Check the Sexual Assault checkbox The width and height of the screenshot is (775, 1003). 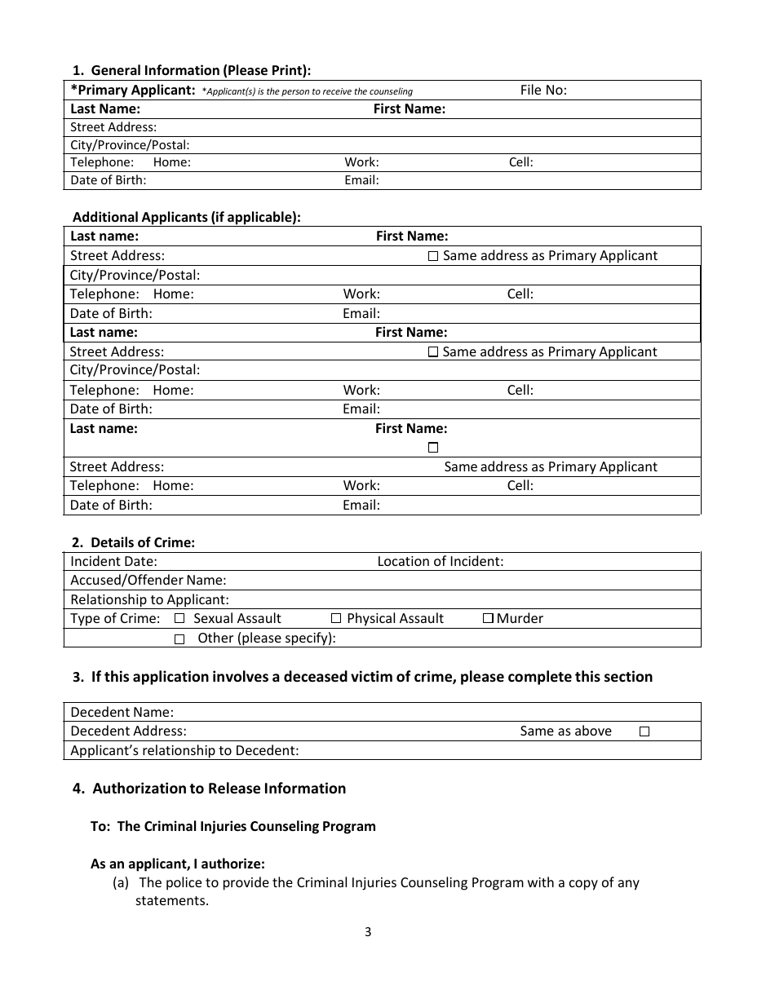[179, 619]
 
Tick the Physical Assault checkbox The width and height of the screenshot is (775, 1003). [336, 619]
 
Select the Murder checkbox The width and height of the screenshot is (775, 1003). [488, 619]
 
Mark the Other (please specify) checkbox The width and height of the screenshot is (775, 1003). [179, 639]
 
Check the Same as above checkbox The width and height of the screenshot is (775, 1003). [644, 732]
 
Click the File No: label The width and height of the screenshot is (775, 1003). [543, 91]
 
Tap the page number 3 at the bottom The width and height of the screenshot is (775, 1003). [368, 932]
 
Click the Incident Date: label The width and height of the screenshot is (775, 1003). [113, 561]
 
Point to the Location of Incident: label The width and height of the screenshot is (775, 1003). [440, 561]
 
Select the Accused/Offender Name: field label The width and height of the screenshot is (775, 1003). [148, 581]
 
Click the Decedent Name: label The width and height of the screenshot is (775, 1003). [122, 712]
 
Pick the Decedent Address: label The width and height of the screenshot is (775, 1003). [128, 731]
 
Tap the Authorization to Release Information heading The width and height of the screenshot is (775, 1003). [219, 789]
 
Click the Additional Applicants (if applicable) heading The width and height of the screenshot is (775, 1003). [187, 218]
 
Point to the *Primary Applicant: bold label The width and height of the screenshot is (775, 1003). [133, 91]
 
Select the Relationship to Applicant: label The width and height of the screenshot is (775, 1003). [149, 599]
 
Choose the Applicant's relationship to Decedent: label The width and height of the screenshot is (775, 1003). [184, 751]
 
